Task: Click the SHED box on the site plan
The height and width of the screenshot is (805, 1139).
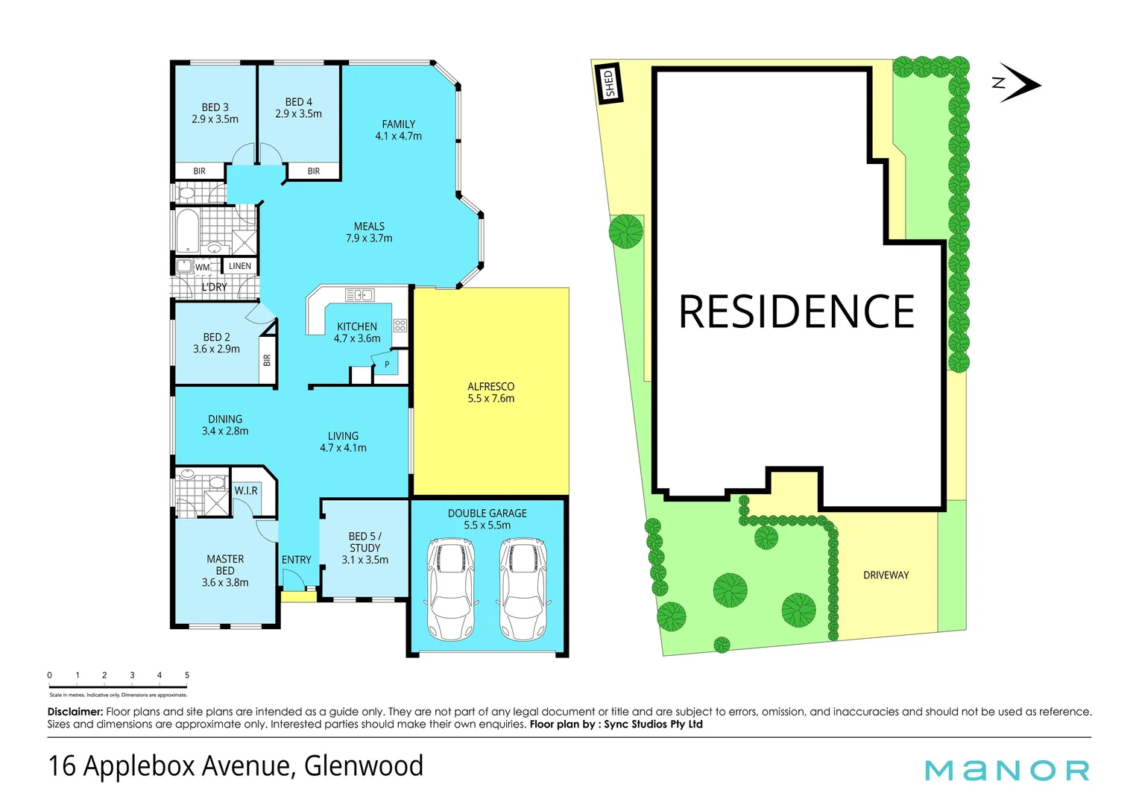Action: pos(610,83)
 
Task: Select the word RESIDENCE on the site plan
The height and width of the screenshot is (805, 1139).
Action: pos(796,312)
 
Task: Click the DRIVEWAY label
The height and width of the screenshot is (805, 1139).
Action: pos(886,575)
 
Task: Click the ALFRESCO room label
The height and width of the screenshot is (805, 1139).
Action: pos(490,392)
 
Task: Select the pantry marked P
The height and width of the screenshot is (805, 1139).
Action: pos(387,364)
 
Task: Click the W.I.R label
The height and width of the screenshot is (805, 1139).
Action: pos(246,490)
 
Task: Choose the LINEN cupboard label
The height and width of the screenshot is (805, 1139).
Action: pos(240,266)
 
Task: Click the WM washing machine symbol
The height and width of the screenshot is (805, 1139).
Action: pos(202,267)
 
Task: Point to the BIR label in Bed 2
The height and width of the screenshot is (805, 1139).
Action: pos(267,361)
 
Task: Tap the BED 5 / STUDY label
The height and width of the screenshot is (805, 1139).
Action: pos(365,548)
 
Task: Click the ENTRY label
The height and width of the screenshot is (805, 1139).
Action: pos(296,560)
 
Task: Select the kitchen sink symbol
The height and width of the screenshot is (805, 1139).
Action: pos(359,295)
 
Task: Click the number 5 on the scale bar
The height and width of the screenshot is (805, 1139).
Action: pos(187,675)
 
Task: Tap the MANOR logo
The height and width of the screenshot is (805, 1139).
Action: pos(1007,770)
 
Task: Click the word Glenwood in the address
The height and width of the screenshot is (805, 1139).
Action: pos(364,766)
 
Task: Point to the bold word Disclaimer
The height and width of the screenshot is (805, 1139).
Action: pos(75,712)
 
